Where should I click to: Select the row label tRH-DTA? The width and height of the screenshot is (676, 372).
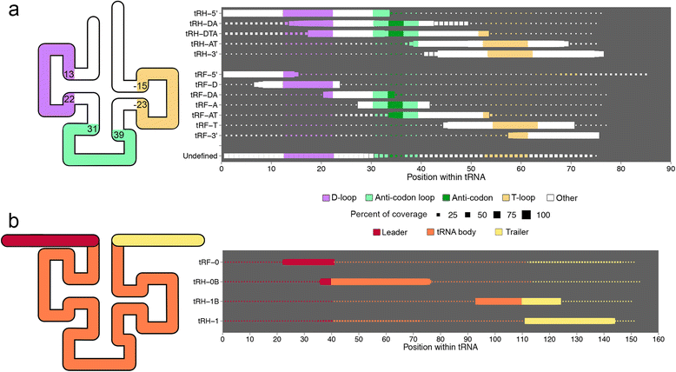[x=202, y=33]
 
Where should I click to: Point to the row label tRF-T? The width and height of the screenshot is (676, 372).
[x=206, y=125]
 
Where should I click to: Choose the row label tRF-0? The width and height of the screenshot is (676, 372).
[x=208, y=261]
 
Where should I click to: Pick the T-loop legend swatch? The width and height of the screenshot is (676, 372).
[x=495, y=198]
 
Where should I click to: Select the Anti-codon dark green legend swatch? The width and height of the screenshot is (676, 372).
[x=432, y=198]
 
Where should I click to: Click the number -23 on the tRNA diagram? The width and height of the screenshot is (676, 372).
[x=140, y=104]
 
